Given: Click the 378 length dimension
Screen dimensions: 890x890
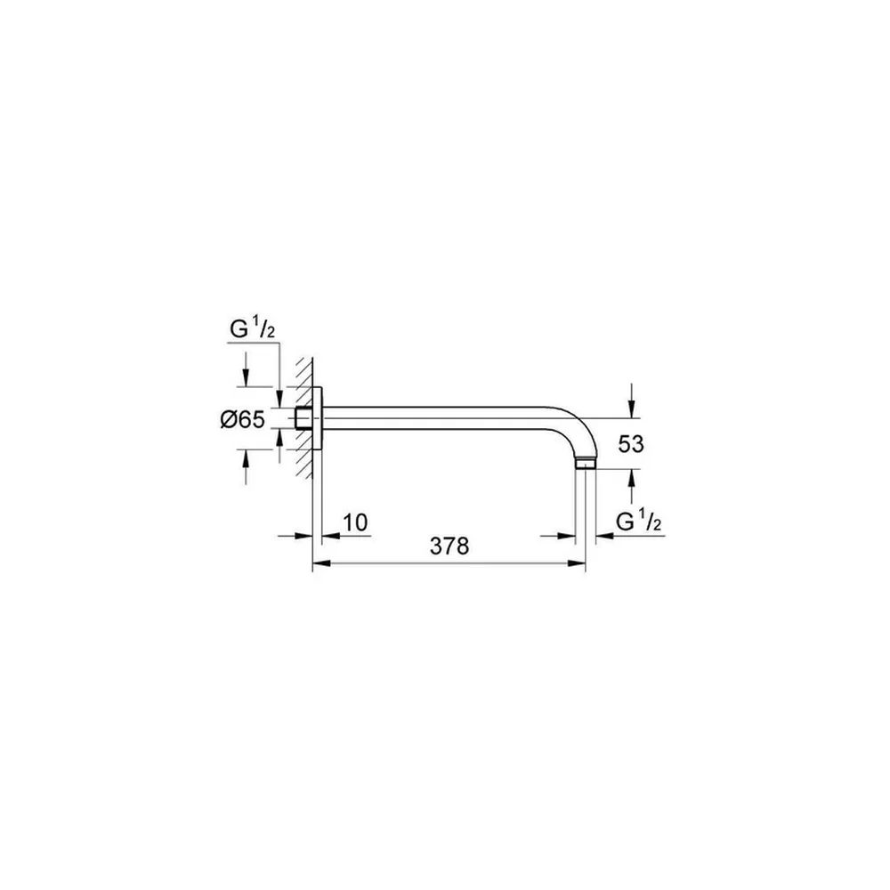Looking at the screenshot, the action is tap(449, 546).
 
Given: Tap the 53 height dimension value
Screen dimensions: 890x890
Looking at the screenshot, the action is tap(631, 444).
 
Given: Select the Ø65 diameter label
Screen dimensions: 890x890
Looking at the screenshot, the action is tap(243, 419).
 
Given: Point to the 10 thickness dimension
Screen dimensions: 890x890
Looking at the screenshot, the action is tap(356, 522).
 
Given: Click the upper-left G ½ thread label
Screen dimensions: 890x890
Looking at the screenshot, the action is tap(252, 328).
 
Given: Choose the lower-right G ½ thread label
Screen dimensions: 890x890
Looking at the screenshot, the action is tap(639, 521).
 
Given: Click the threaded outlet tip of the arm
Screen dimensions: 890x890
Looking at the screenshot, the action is tap(586, 465).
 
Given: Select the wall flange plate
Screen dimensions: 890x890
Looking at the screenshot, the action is tap(318, 418).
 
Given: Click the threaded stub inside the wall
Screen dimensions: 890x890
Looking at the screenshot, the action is tap(303, 418).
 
